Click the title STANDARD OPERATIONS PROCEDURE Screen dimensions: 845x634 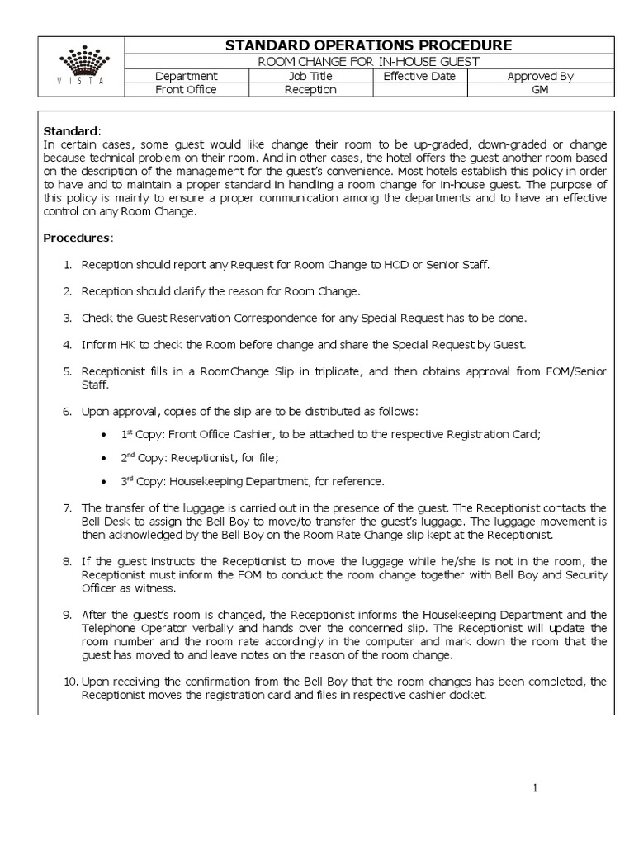click(x=368, y=45)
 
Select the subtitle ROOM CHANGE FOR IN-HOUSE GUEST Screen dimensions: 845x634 click(x=368, y=62)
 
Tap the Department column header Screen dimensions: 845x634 click(x=186, y=76)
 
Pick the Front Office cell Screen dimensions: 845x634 click(x=186, y=90)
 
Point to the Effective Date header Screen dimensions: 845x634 click(x=419, y=76)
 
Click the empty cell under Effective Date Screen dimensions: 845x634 click(x=419, y=90)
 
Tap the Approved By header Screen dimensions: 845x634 click(x=540, y=76)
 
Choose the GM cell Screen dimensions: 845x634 click(x=540, y=90)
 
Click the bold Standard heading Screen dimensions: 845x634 click(x=70, y=131)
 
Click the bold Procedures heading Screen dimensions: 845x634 click(x=77, y=238)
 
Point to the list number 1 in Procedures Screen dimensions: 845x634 click(x=68, y=265)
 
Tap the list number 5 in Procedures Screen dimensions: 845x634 click(x=68, y=372)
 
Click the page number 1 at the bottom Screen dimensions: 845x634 click(x=535, y=788)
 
